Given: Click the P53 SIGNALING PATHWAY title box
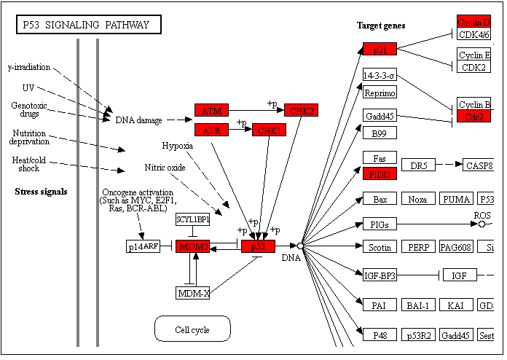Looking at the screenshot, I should (87, 26).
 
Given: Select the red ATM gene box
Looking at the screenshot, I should (211, 111).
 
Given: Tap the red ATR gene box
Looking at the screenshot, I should (211, 130).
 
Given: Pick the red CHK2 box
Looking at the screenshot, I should (302, 111).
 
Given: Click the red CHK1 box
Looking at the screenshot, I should (268, 130).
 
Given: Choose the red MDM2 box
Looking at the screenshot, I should (193, 246).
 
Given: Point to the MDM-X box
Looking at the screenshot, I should (193, 293).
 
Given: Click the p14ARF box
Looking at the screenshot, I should (144, 246).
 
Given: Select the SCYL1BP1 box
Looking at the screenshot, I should (193, 219).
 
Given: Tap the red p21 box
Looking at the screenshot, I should (380, 49).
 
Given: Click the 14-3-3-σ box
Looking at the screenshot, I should (380, 75).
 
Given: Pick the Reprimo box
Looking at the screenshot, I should (380, 93).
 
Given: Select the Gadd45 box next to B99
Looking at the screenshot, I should (380, 116).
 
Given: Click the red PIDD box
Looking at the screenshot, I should (380, 174).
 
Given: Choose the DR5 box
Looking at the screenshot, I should (417, 165).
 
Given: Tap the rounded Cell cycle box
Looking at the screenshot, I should (192, 329).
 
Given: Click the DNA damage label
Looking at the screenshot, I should (139, 120).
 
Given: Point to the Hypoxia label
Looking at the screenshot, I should (178, 146).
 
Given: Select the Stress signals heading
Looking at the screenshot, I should (41, 192).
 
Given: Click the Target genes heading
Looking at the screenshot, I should (381, 26).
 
